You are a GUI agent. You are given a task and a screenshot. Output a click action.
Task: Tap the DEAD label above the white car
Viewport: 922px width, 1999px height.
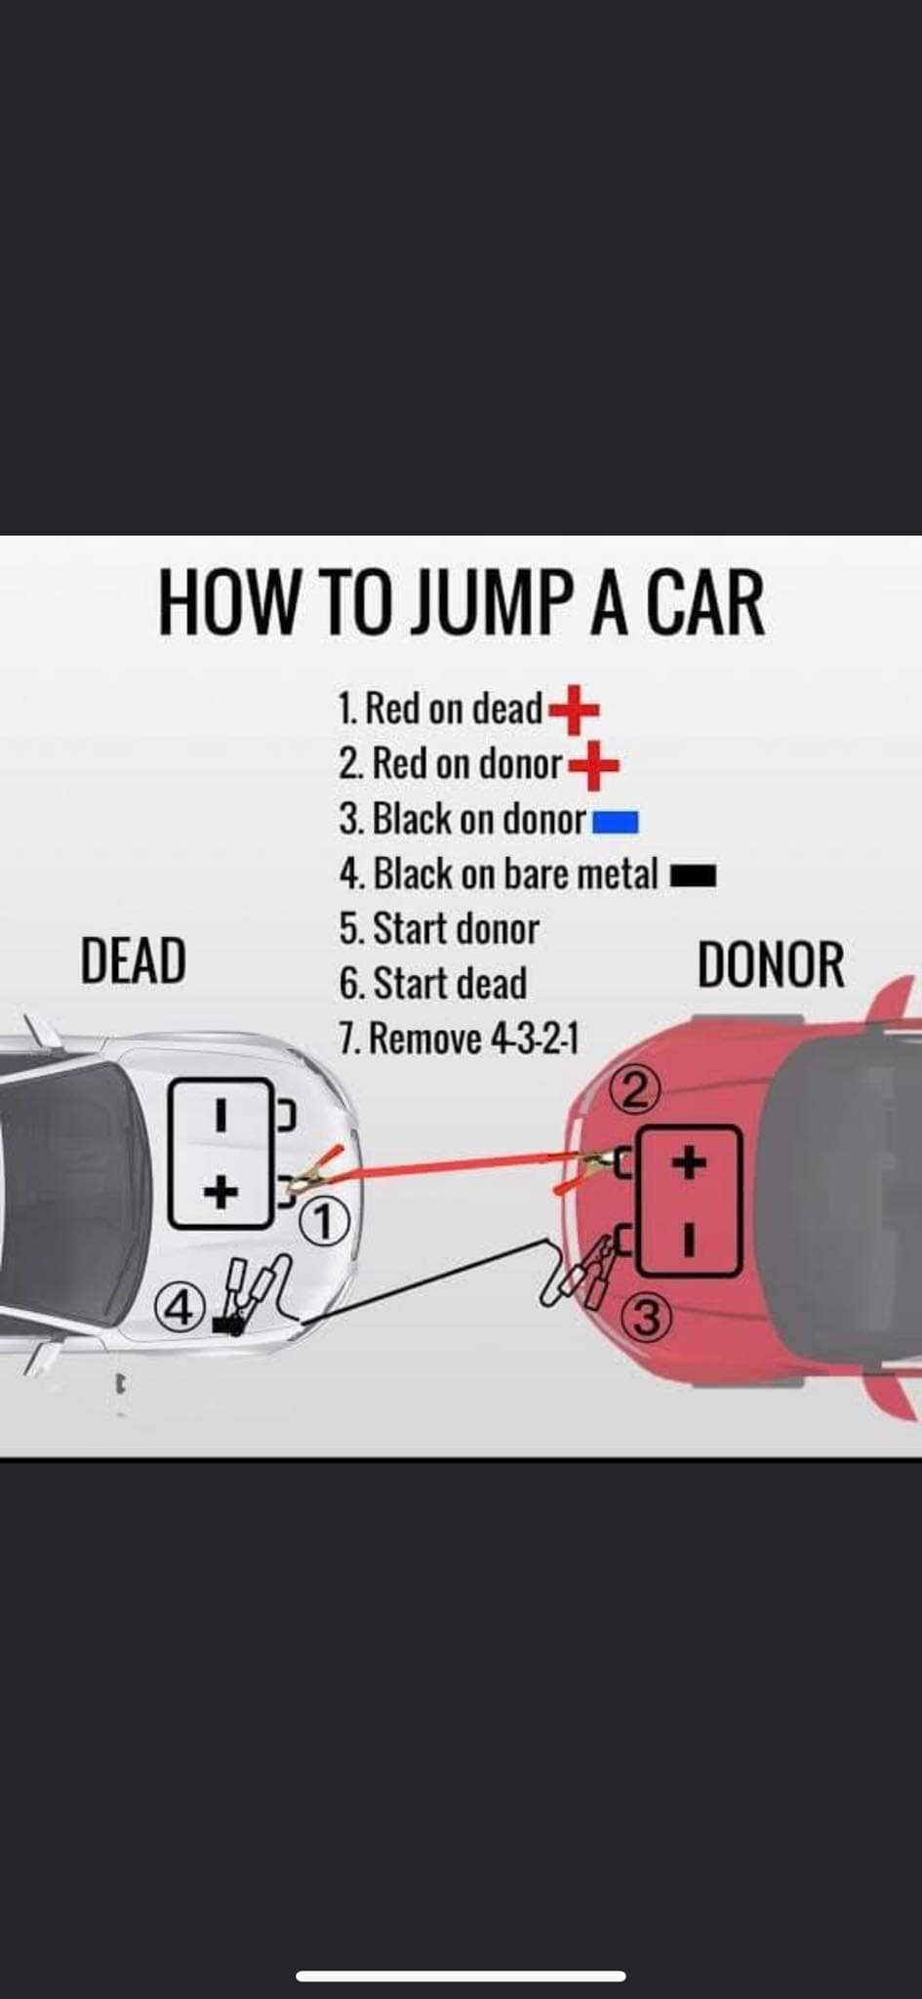click(133, 960)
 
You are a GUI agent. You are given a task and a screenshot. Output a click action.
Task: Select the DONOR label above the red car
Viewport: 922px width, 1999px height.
click(770, 965)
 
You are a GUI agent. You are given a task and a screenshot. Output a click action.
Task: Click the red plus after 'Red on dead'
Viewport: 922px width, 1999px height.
click(574, 710)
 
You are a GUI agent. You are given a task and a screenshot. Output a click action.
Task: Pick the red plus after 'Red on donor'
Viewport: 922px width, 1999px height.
click(593, 765)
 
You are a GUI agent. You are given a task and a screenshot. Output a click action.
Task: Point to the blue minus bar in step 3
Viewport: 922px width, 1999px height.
click(616, 823)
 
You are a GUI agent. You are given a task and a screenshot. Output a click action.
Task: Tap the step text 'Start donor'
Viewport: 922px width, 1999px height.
click(455, 929)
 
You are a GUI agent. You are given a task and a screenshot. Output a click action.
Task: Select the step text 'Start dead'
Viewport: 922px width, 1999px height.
click(449, 984)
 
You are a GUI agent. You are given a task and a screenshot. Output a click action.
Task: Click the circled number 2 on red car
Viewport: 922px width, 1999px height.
click(635, 1091)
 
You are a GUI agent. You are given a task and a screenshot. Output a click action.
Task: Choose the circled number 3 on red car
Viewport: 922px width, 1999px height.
click(645, 1318)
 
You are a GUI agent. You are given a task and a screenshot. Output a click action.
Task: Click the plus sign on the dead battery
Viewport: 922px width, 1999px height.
click(221, 1191)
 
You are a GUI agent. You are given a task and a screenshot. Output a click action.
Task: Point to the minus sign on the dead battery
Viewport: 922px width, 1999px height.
click(221, 1116)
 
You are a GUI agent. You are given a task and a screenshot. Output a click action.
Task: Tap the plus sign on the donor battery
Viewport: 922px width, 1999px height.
click(689, 1163)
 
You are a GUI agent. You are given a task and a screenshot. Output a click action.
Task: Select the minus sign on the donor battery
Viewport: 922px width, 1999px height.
click(689, 1239)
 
